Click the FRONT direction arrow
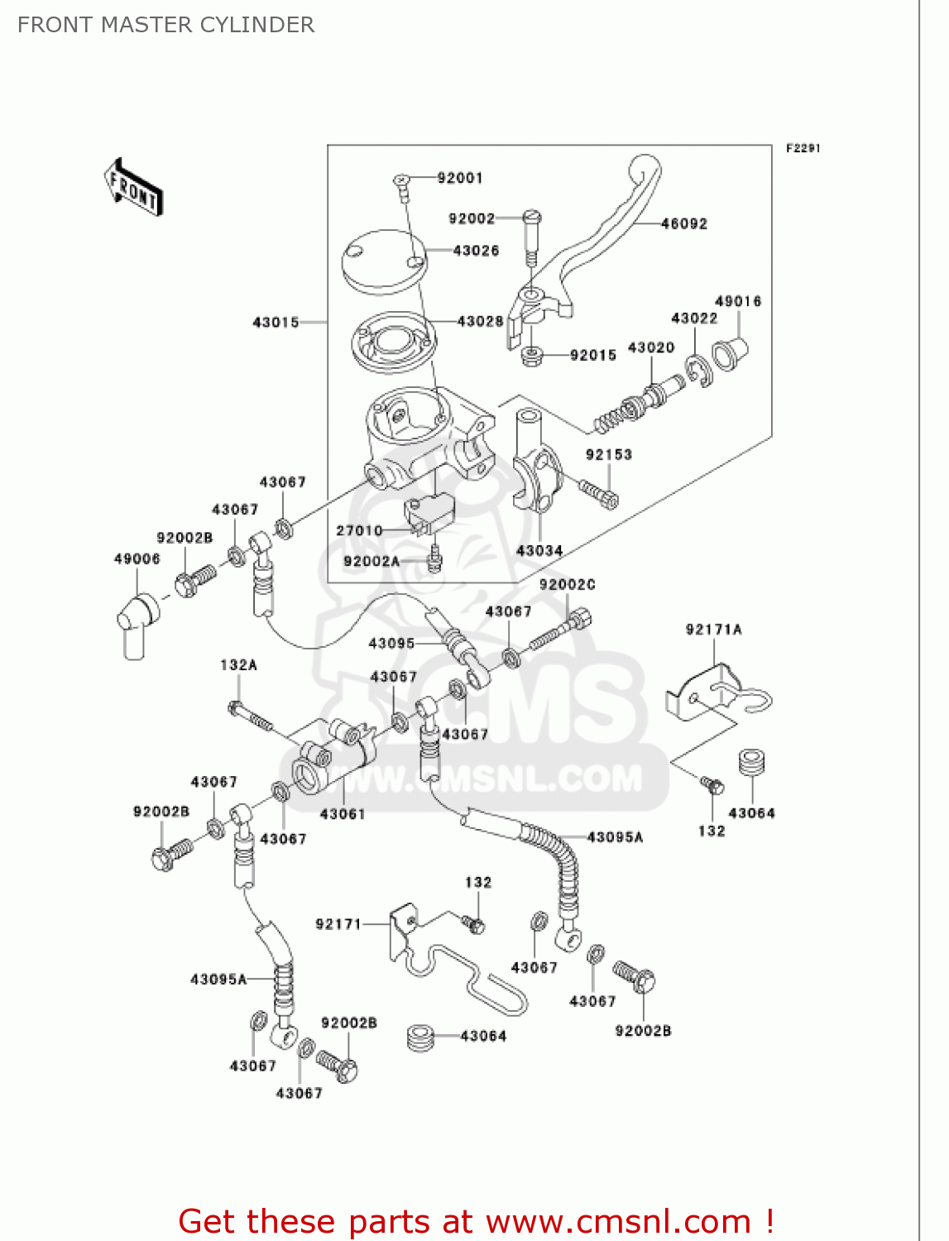point(133,188)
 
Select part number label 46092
point(684,223)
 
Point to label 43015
point(276,322)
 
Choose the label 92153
point(609,454)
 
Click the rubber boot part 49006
point(136,624)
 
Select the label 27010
point(359,530)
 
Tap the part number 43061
point(343,814)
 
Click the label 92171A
point(714,630)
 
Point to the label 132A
point(238,665)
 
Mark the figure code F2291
point(803,148)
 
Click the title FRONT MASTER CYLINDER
point(166,25)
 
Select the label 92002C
point(567,585)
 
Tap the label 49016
point(738,301)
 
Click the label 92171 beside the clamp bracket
point(338,924)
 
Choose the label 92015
point(593,355)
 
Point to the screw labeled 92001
point(402,185)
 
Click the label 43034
point(539,550)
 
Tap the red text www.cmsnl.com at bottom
point(618,1221)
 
